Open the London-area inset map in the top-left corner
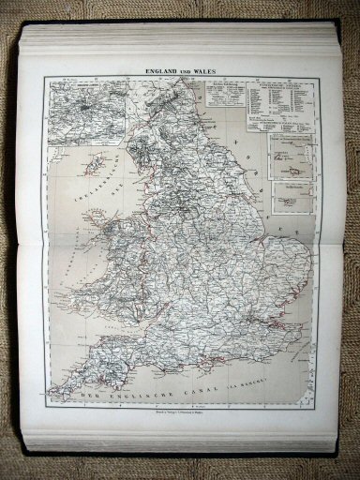point(85,112)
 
